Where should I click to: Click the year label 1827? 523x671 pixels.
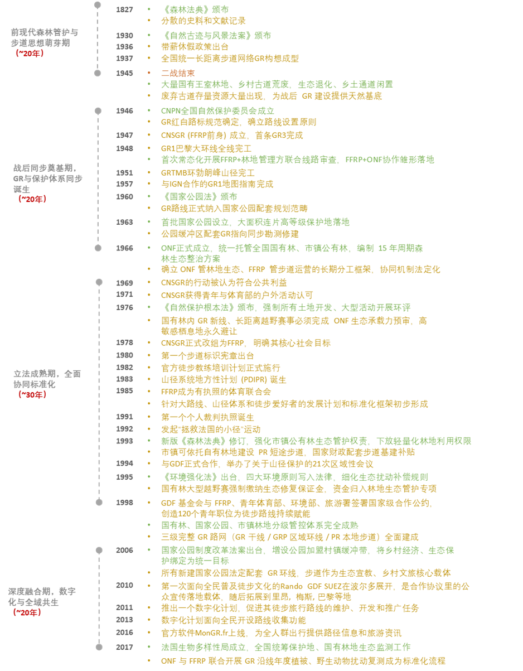click(124, 10)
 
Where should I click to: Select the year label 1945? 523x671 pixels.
click(124, 73)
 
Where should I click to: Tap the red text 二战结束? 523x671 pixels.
click(178, 73)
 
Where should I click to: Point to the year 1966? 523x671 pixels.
click(124, 248)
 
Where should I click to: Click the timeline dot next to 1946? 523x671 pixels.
click(98, 111)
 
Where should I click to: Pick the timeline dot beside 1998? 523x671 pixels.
click(99, 503)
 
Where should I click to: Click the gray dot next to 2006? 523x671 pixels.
click(99, 551)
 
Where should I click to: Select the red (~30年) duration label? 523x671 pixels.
click(32, 395)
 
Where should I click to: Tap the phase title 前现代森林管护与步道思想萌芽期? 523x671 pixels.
click(45, 37)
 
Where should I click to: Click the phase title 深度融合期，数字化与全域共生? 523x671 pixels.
click(42, 597)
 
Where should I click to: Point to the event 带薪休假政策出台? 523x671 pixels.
click(195, 47)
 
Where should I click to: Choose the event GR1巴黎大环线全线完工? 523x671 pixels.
click(206, 148)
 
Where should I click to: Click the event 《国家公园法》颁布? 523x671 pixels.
click(199, 197)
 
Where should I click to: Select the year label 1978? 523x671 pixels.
click(124, 342)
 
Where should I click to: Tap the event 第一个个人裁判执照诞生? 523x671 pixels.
click(207, 417)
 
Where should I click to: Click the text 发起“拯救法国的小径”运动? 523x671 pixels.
click(211, 429)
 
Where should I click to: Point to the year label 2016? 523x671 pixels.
click(124, 633)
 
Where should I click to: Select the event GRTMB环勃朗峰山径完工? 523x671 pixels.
click(207, 173)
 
